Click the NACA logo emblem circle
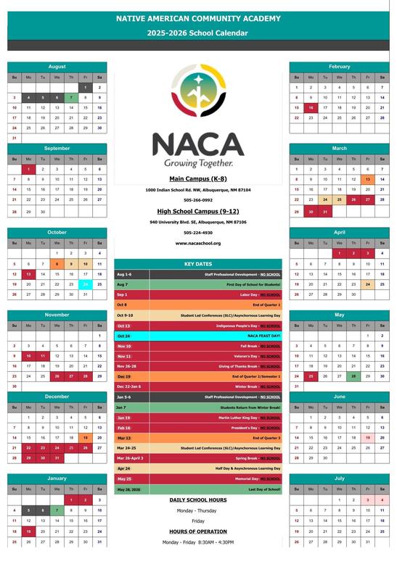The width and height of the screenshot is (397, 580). click(198, 94)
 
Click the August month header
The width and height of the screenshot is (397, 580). click(57, 66)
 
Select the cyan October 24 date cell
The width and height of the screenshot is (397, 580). click(85, 284)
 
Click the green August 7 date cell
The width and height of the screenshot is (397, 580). click(71, 97)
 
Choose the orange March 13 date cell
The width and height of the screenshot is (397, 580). click(368, 179)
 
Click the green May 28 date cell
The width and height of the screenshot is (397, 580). click(353, 376)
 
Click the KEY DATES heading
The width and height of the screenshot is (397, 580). click(198, 264)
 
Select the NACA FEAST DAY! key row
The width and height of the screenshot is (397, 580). click(198, 336)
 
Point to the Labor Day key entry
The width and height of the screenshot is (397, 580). click(198, 295)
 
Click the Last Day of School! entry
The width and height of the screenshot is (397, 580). click(198, 489)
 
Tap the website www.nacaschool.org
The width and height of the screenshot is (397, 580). click(198, 243)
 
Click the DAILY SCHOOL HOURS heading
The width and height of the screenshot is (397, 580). click(198, 500)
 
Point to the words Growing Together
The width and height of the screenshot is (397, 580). click(198, 163)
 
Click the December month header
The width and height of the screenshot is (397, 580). click(57, 397)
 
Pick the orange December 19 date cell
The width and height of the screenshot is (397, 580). click(85, 438)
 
